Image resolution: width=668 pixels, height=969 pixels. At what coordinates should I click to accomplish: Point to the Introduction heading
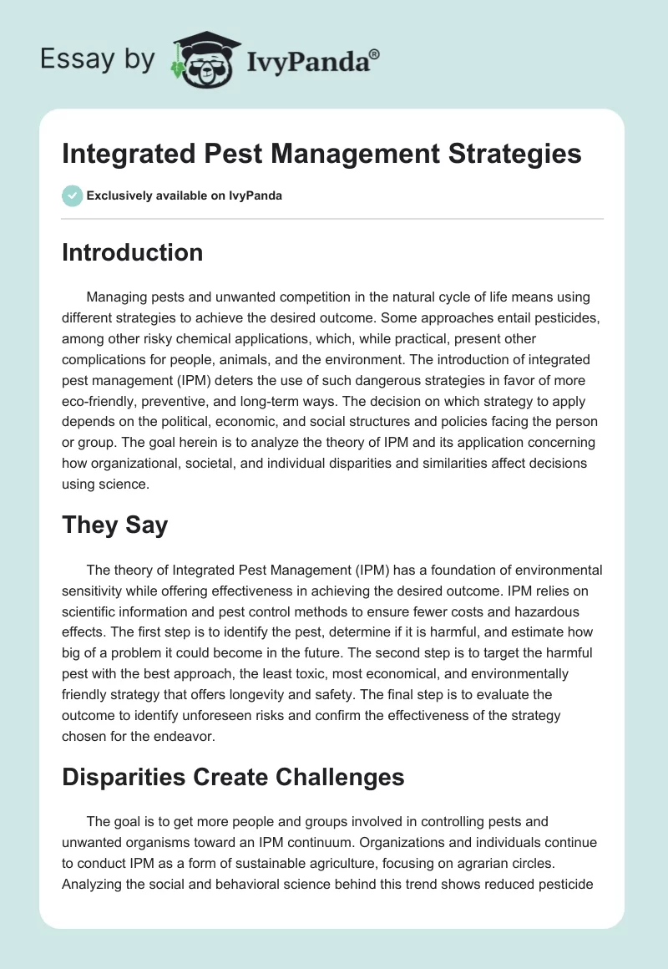tap(132, 252)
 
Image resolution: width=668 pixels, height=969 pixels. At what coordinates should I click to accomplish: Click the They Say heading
tap(114, 525)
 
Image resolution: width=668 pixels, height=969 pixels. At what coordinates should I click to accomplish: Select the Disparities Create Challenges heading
tap(233, 777)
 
